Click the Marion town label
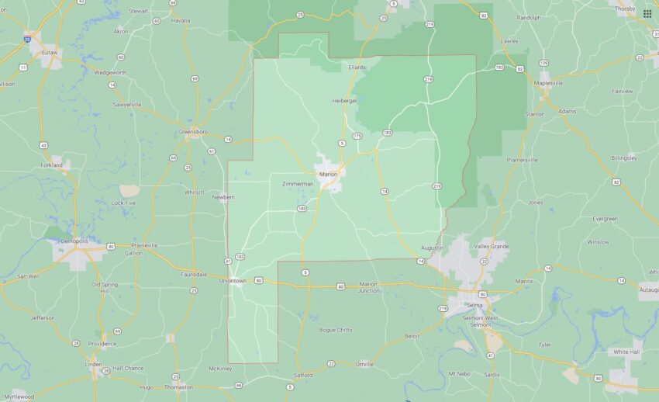click(329, 174)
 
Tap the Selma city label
click(474, 305)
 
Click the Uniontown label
click(233, 280)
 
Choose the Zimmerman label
click(298, 184)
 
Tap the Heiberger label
click(344, 100)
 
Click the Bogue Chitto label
click(336, 330)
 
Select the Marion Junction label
click(369, 288)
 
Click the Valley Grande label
click(492, 246)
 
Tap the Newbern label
click(223, 197)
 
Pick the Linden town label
click(93, 363)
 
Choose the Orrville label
click(365, 363)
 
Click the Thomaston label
click(179, 386)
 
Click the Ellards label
click(357, 68)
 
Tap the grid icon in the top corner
click(647, 13)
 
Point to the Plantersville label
click(522, 160)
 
